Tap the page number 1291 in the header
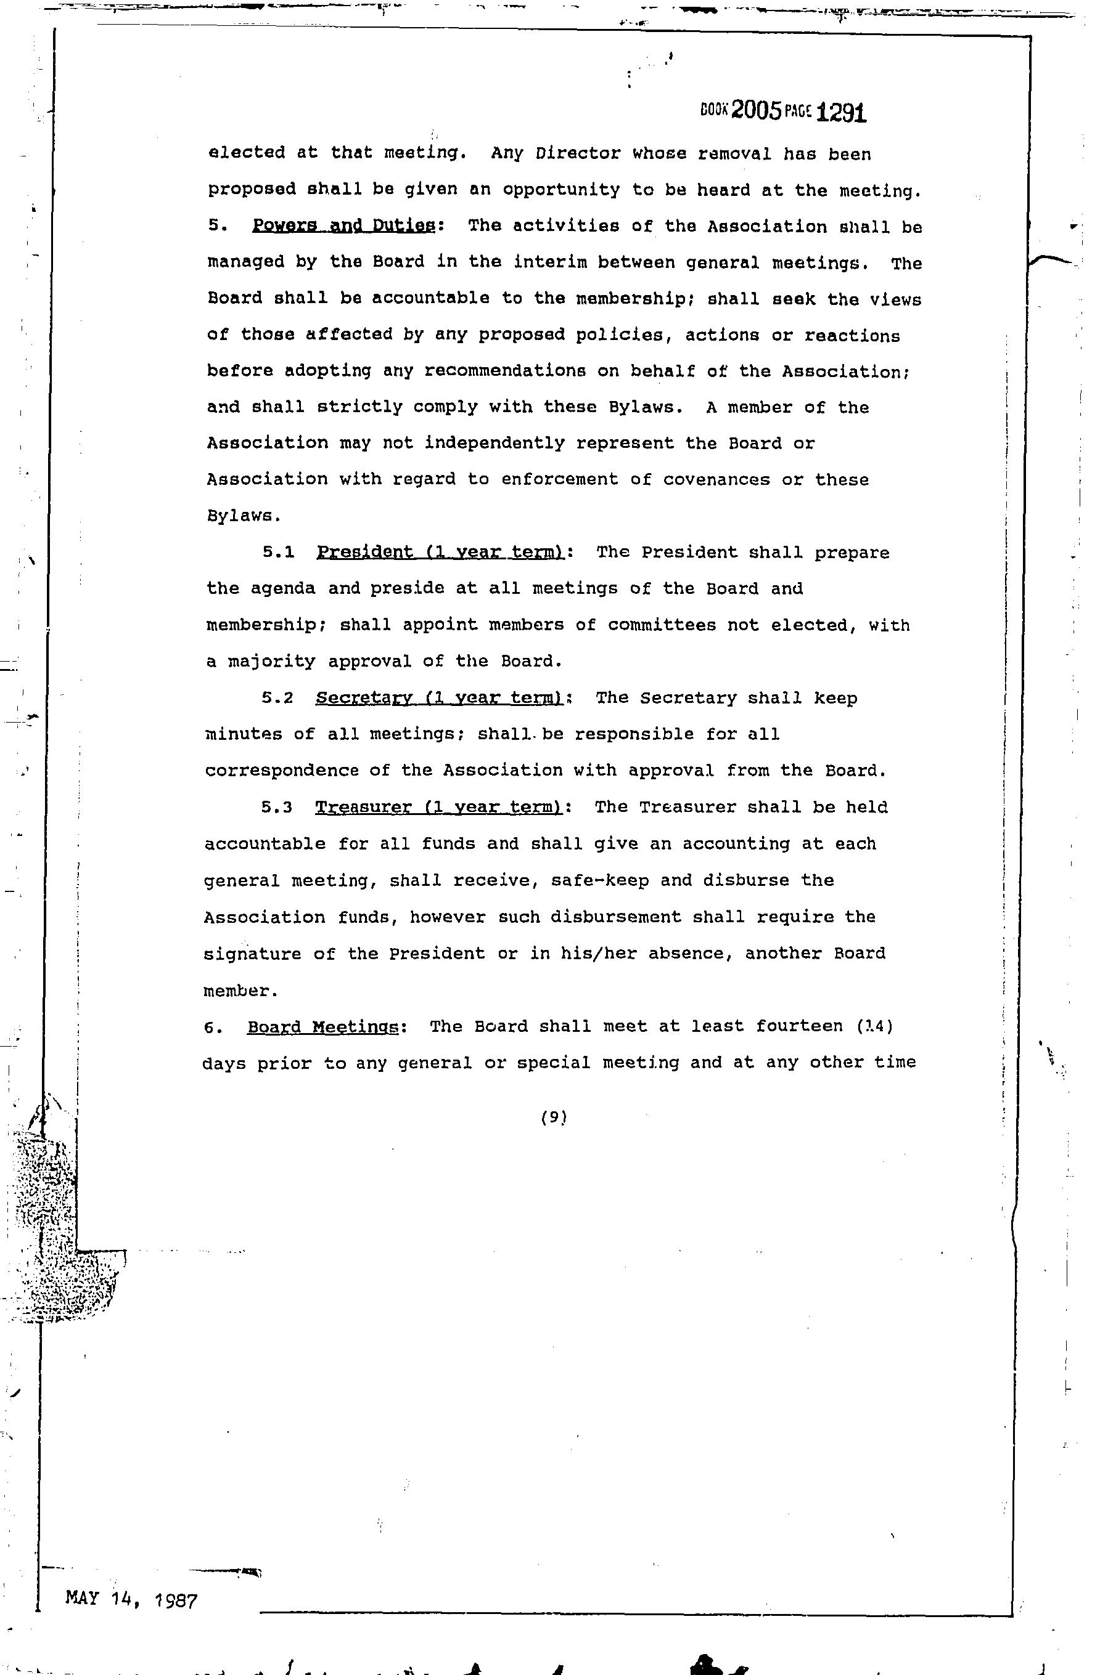coord(842,113)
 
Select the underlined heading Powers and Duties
coord(343,226)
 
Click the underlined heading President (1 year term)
coord(440,553)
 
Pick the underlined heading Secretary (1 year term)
coord(440,698)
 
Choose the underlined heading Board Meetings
coord(323,1027)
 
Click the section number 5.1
coord(278,553)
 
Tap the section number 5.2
coord(277,699)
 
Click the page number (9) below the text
coord(554,1117)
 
